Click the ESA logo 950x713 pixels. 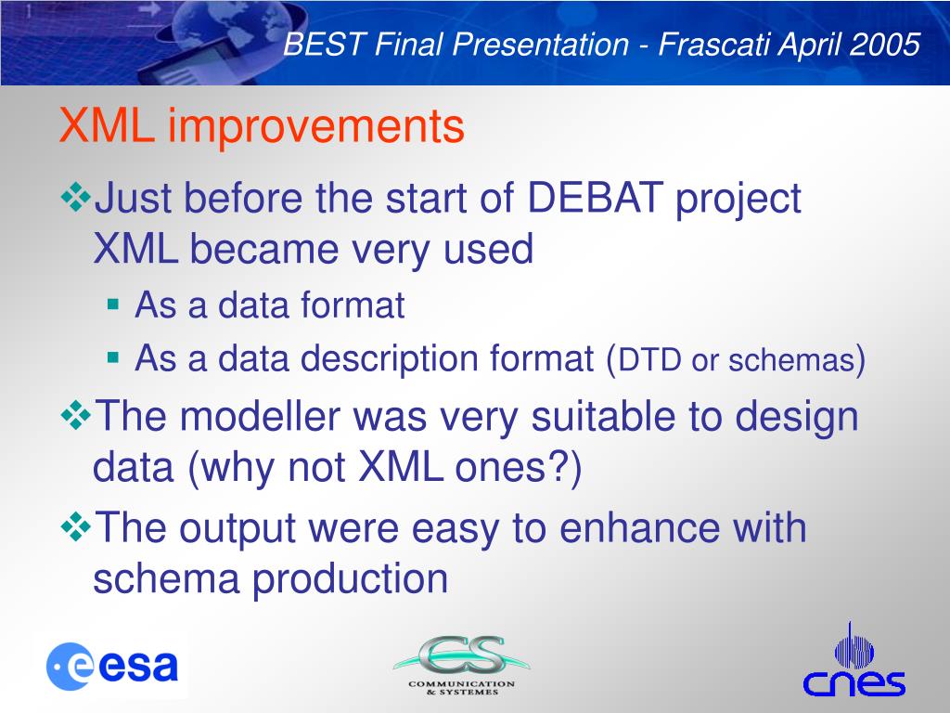click(112, 667)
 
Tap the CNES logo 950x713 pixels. click(854, 660)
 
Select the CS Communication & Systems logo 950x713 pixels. click(462, 665)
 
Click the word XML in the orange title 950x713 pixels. click(107, 125)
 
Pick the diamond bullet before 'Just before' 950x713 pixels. click(76, 197)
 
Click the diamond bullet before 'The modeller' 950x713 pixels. click(76, 415)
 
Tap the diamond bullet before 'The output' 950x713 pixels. click(76, 527)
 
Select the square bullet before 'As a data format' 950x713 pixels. click(113, 304)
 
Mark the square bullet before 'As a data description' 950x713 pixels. click(113, 357)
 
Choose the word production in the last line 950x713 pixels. click(350, 579)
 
